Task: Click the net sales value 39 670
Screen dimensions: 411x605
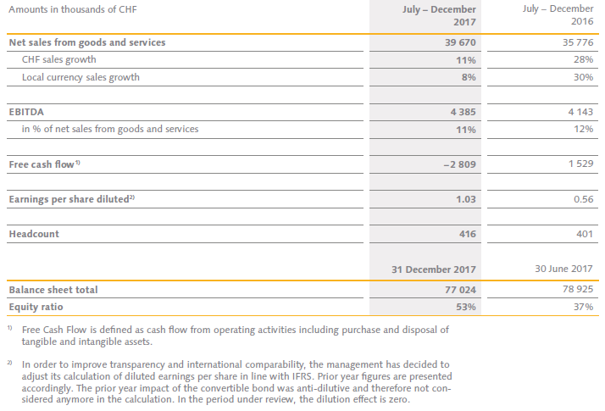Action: point(458,42)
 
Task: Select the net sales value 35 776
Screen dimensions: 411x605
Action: point(575,42)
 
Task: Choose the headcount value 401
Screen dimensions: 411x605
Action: point(583,234)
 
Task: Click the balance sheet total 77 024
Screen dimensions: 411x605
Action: point(458,290)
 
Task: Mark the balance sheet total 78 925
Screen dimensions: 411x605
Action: point(575,290)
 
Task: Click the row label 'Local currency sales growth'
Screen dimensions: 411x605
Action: point(81,77)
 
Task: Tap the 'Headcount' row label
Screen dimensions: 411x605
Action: point(34,234)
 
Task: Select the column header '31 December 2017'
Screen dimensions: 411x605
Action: point(433,269)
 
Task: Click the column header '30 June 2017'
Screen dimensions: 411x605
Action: point(560,269)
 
